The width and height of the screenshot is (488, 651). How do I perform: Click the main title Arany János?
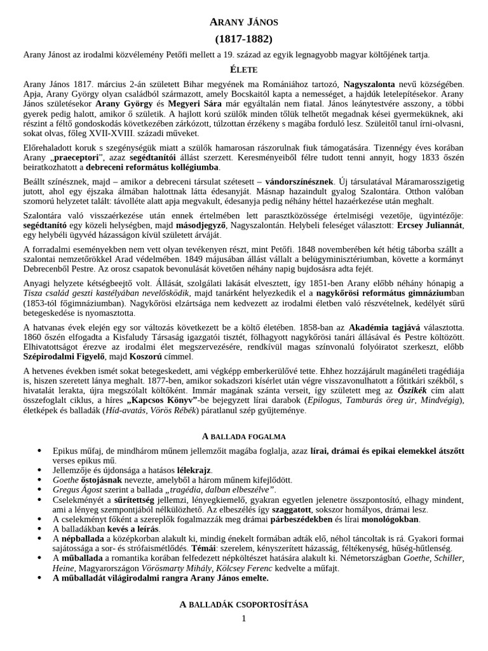click(x=243, y=23)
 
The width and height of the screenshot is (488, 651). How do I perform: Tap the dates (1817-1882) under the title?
click(x=243, y=39)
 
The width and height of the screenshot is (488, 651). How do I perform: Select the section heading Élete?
click(x=243, y=69)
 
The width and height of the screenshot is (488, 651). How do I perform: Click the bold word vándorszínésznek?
click(x=299, y=182)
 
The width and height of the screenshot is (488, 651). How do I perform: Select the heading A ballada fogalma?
click(x=243, y=437)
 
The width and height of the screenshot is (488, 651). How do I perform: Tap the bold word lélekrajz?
click(x=194, y=470)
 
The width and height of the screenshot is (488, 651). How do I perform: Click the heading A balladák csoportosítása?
click(x=243, y=605)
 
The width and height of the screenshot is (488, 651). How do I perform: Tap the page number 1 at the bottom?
click(x=243, y=619)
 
